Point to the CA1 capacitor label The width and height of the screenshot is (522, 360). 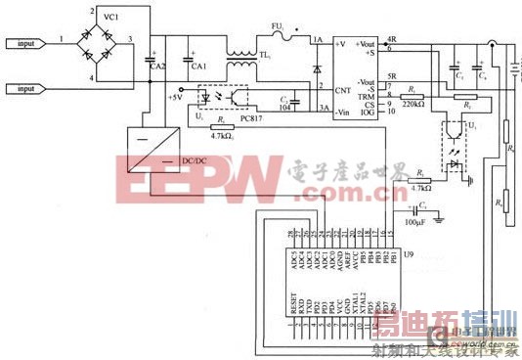pyautogui.click(x=201, y=66)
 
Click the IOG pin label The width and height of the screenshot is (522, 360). pyautogui.click(x=366, y=112)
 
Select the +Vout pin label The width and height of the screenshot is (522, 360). pyautogui.click(x=366, y=44)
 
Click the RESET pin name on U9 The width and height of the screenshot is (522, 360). pyautogui.click(x=291, y=311)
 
